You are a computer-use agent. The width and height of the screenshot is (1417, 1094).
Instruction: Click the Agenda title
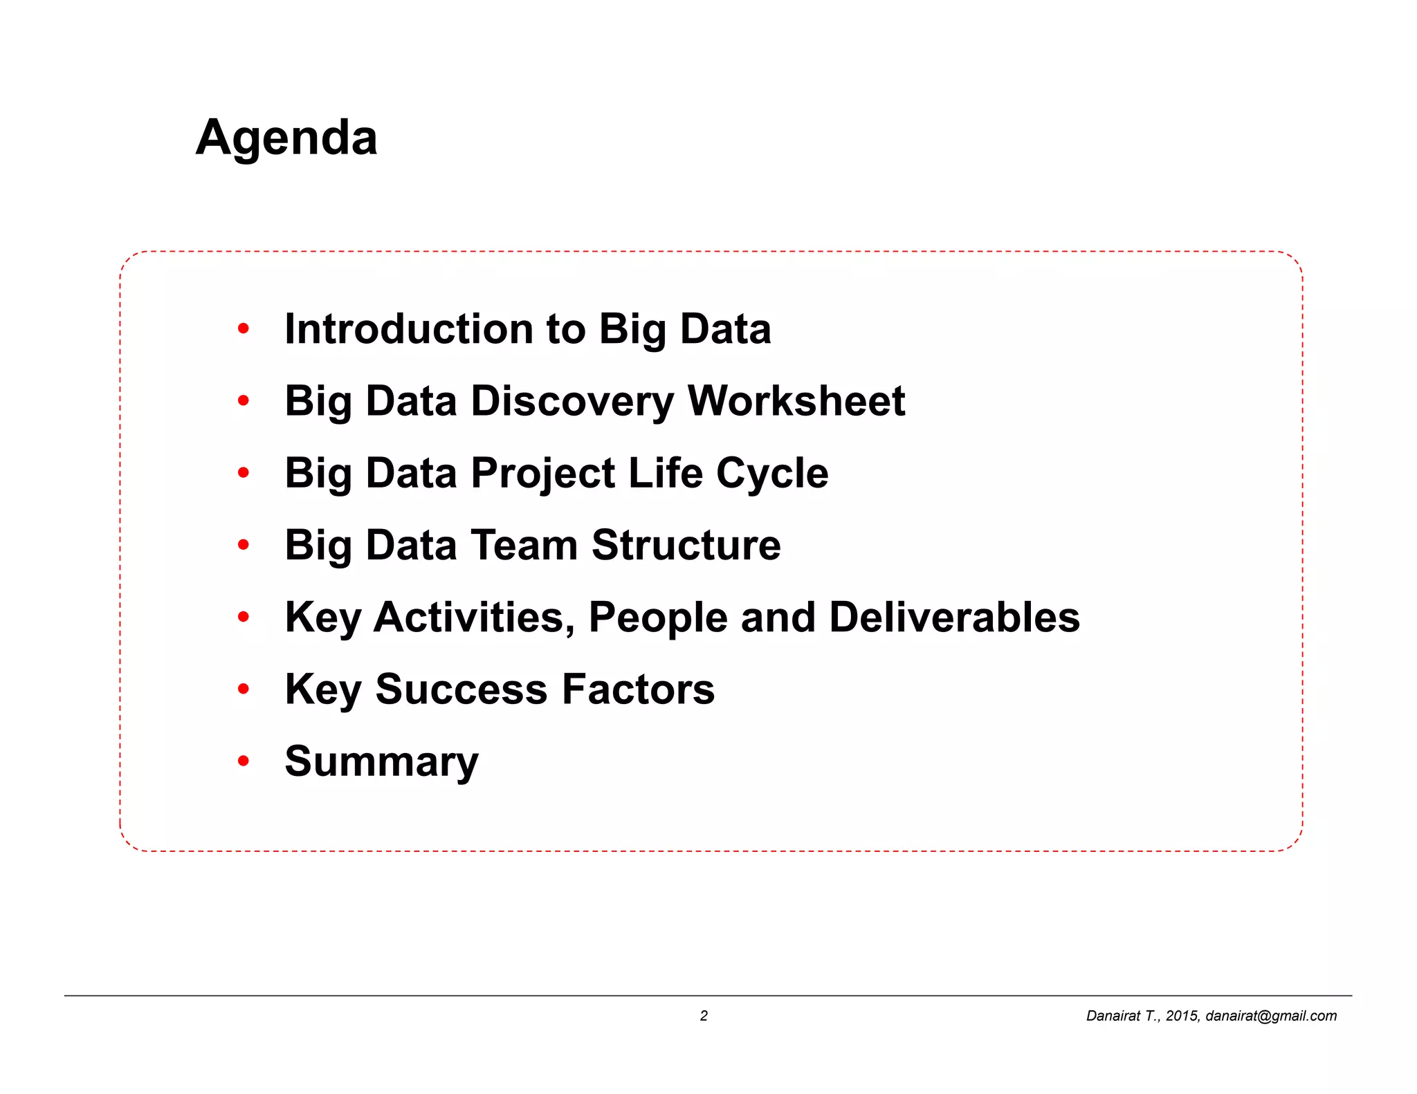[286, 137]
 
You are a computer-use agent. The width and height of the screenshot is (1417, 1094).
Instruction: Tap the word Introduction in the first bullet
[409, 328]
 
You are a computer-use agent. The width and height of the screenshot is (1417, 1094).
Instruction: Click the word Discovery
[572, 402]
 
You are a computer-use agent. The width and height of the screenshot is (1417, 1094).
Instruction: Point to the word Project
[542, 474]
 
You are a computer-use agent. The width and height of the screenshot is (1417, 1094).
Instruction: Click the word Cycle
[772, 474]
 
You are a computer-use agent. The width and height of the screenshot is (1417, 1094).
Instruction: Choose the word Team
[524, 545]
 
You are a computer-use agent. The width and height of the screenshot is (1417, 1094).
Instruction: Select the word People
[658, 617]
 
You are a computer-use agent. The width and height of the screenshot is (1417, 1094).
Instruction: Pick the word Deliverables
[954, 617]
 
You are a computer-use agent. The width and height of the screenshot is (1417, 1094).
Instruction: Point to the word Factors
[638, 689]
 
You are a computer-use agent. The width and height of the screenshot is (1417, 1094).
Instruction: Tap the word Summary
[381, 761]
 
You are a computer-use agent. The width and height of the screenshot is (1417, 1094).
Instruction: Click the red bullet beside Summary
[243, 761]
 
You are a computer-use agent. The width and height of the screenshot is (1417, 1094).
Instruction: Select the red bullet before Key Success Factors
[243, 689]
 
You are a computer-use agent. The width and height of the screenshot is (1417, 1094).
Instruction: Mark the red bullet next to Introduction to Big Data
[243, 328]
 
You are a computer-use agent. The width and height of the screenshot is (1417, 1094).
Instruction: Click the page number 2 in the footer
[704, 1015]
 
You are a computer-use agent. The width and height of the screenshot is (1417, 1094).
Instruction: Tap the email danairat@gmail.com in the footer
[1271, 1015]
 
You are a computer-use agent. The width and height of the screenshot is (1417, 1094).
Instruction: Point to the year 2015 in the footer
[1182, 1015]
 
